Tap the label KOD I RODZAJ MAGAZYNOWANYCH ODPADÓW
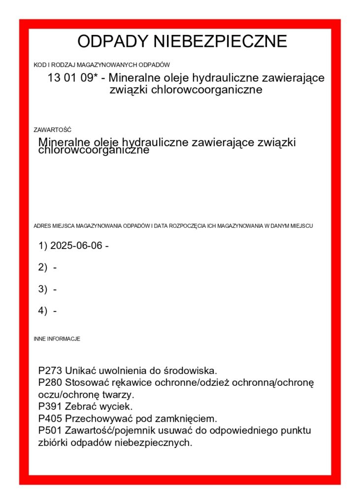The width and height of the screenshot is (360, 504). (101, 64)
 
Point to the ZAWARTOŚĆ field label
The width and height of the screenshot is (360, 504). (52, 130)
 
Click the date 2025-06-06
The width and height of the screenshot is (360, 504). (76, 245)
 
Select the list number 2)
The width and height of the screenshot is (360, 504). (42, 267)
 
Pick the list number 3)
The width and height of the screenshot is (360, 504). (42, 289)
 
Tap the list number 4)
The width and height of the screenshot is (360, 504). (42, 311)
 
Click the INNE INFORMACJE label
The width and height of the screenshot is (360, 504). (57, 339)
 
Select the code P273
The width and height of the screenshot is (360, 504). (50, 370)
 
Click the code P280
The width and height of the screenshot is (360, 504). (50, 382)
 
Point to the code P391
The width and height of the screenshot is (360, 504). (50, 407)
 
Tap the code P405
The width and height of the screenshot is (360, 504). (50, 419)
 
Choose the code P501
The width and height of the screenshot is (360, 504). (50, 431)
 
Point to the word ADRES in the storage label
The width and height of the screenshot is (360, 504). (41, 226)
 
